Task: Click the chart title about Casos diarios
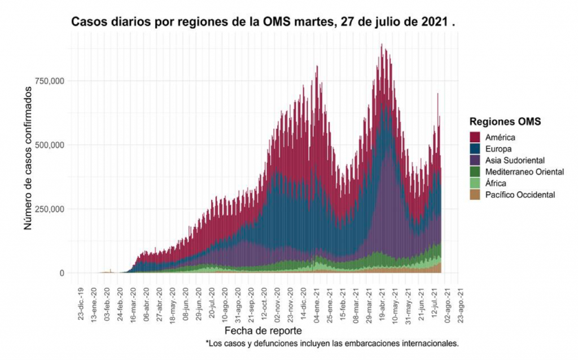[x=263, y=23]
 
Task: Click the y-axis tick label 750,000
[x=49, y=81]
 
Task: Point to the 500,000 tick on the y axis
[x=49, y=145]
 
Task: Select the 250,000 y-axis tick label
[x=49, y=209]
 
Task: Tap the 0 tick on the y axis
[x=62, y=274]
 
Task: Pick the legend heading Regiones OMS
[x=505, y=121]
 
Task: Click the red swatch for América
[x=476, y=137]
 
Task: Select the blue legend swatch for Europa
[x=476, y=148]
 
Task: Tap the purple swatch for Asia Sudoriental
[x=476, y=160]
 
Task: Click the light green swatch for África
[x=476, y=183]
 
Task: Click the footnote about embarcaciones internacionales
[x=332, y=343]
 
